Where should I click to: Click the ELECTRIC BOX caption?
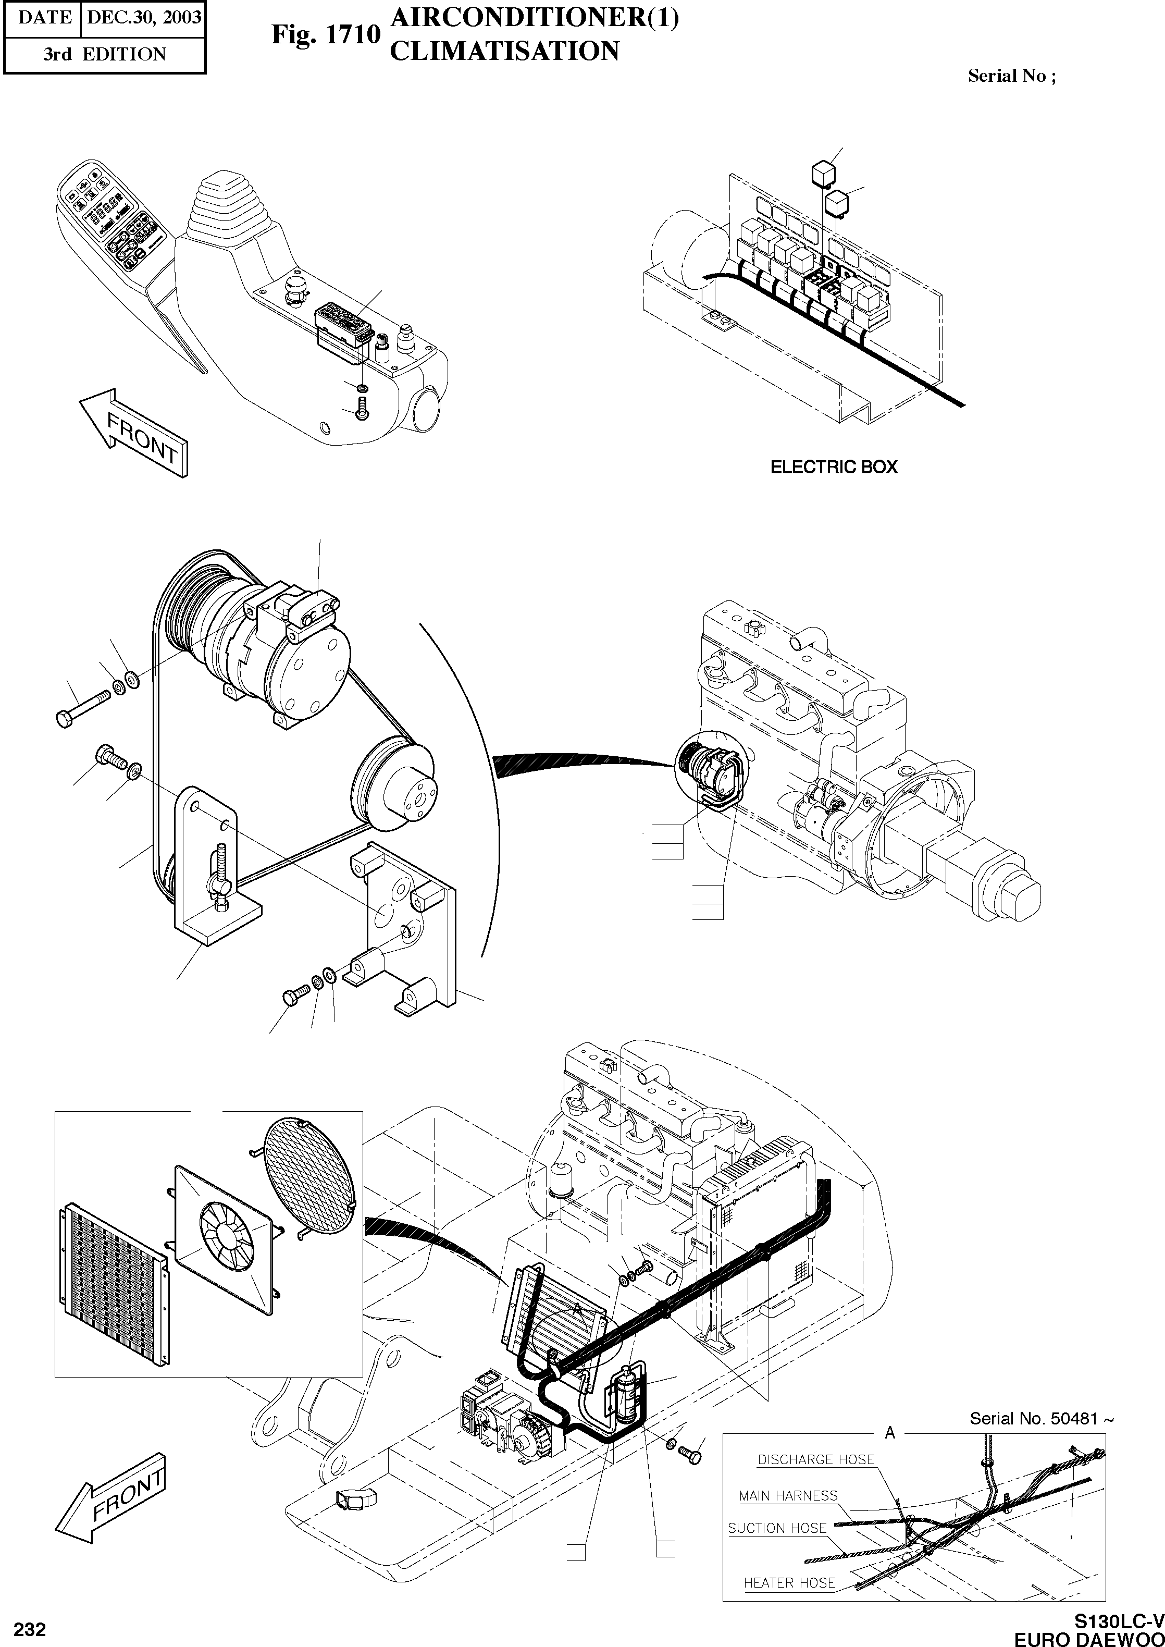(834, 466)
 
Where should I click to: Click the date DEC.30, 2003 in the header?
(143, 17)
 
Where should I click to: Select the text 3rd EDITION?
(104, 55)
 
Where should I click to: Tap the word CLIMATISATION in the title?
(504, 52)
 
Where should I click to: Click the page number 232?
(29, 1630)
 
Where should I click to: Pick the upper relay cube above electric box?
(822, 173)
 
